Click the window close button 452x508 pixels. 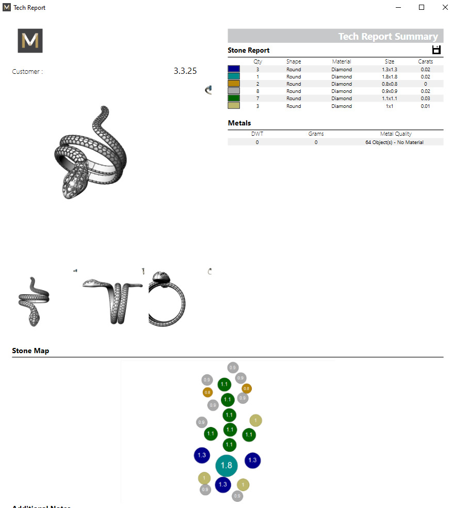(x=445, y=7)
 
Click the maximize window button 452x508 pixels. (x=422, y=7)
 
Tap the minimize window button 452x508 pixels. (x=398, y=7)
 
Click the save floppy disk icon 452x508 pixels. (x=437, y=50)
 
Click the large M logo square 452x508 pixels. (x=30, y=41)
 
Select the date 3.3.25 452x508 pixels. (x=185, y=71)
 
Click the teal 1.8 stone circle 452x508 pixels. (x=226, y=465)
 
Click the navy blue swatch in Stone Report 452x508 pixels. (x=234, y=69)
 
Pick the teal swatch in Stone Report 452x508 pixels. (x=234, y=76)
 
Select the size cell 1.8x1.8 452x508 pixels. (x=390, y=76)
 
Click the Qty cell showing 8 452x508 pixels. (x=257, y=91)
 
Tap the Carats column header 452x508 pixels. (x=425, y=61)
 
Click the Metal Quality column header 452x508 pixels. (x=396, y=134)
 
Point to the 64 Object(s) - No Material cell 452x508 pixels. (x=394, y=142)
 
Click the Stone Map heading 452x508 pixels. (x=30, y=351)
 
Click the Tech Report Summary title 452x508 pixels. (x=388, y=36)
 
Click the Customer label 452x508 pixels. (x=27, y=72)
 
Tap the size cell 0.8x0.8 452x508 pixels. (x=390, y=84)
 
